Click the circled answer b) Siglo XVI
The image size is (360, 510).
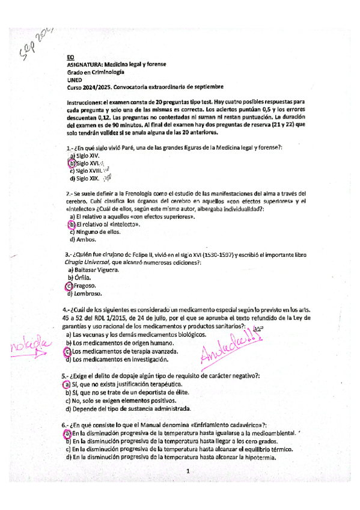pyautogui.click(x=84, y=163)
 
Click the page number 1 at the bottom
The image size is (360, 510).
pyautogui.click(x=188, y=472)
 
